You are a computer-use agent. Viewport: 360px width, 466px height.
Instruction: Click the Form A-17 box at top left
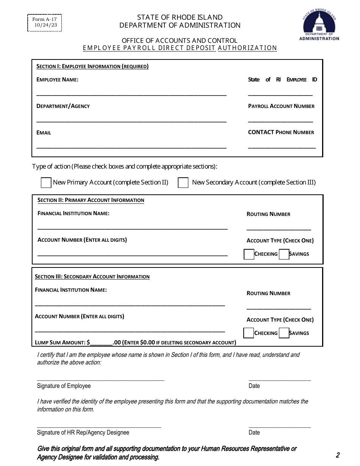pos(45,22)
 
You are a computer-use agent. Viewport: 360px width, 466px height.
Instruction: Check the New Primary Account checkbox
pos(46,183)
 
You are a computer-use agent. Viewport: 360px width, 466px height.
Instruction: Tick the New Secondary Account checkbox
pos(183,183)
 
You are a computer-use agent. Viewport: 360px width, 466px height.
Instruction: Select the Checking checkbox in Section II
pos(249,254)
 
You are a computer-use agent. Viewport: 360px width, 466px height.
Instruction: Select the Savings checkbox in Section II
pos(284,254)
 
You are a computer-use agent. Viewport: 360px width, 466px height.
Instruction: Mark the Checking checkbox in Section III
pos(249,333)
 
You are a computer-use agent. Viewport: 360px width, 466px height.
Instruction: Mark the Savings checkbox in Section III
pos(284,333)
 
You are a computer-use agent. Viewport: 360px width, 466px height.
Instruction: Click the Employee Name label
pos(57,80)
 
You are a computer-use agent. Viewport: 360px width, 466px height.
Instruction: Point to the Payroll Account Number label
pos(281,106)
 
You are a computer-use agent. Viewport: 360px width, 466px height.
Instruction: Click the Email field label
pos(44,133)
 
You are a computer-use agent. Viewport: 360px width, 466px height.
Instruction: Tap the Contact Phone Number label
pos(281,132)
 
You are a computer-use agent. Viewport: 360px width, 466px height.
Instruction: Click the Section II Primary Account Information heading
pos(91,200)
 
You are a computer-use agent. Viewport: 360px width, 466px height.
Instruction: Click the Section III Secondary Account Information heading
pos(92,277)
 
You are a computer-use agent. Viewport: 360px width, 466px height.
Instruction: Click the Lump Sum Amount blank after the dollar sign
pos(101,342)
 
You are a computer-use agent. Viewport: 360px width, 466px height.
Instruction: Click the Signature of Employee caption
pos(64,386)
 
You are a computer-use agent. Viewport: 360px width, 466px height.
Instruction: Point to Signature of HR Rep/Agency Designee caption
pos(83,432)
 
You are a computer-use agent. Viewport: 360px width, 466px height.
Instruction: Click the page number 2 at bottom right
pos(337,455)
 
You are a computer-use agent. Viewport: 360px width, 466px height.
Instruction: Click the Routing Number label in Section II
pos(268,214)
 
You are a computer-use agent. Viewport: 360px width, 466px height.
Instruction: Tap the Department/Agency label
pos(63,106)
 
